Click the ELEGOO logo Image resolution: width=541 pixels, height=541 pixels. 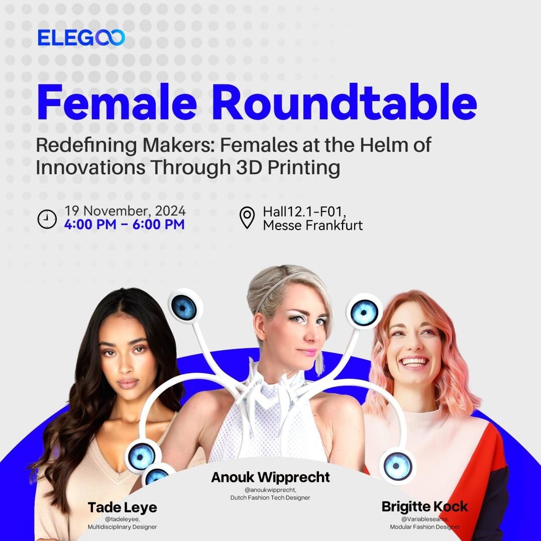click(81, 38)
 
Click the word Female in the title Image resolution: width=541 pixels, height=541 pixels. click(117, 102)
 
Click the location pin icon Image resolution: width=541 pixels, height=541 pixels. click(247, 218)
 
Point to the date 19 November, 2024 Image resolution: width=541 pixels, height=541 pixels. click(125, 210)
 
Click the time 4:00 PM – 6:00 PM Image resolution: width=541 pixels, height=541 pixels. click(124, 224)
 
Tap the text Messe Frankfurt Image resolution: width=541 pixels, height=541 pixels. click(312, 226)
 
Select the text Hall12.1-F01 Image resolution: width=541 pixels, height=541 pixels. click(304, 211)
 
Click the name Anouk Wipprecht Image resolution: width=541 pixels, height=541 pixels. click(270, 477)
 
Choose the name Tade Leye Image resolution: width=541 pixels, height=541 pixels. click(123, 507)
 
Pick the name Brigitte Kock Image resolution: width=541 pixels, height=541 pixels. click(425, 506)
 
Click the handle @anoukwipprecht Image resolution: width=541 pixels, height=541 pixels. click(270, 490)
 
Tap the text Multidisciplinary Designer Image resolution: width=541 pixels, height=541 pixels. click(123, 527)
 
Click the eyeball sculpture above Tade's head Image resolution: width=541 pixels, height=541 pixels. click(185, 306)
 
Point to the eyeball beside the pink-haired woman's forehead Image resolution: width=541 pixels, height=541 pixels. click(364, 312)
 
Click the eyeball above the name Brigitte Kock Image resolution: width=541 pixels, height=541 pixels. click(398, 466)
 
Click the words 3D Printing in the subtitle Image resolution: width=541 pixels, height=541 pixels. click(288, 167)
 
